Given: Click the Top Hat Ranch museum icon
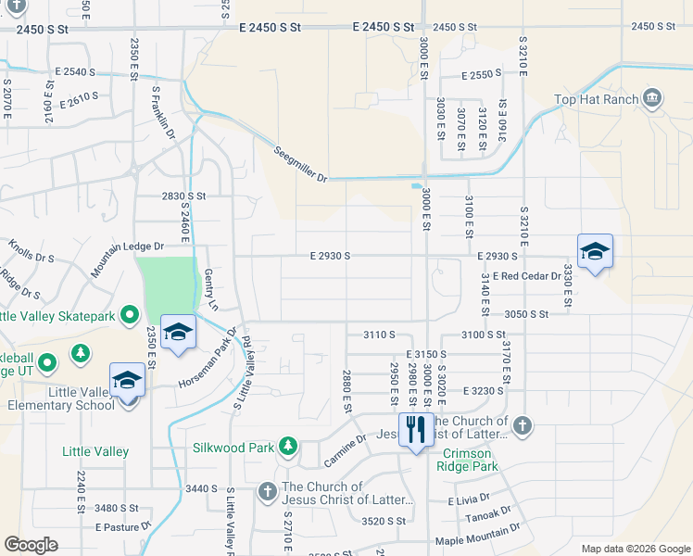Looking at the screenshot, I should click(x=653, y=99).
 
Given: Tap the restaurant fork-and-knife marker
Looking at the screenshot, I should click(x=415, y=428).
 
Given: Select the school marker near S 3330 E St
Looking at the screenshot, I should click(x=595, y=250).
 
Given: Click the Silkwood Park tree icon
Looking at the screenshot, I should click(x=288, y=448).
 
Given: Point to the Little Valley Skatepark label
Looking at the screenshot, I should click(x=57, y=317).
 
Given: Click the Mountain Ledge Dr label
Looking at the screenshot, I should click(x=127, y=259).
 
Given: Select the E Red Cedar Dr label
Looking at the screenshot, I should click(x=527, y=276).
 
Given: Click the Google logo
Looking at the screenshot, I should click(x=31, y=545).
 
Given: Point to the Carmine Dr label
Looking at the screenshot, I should click(x=346, y=451).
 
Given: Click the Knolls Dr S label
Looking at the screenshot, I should click(x=31, y=251).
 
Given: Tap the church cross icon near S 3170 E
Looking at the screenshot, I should click(x=523, y=425).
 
